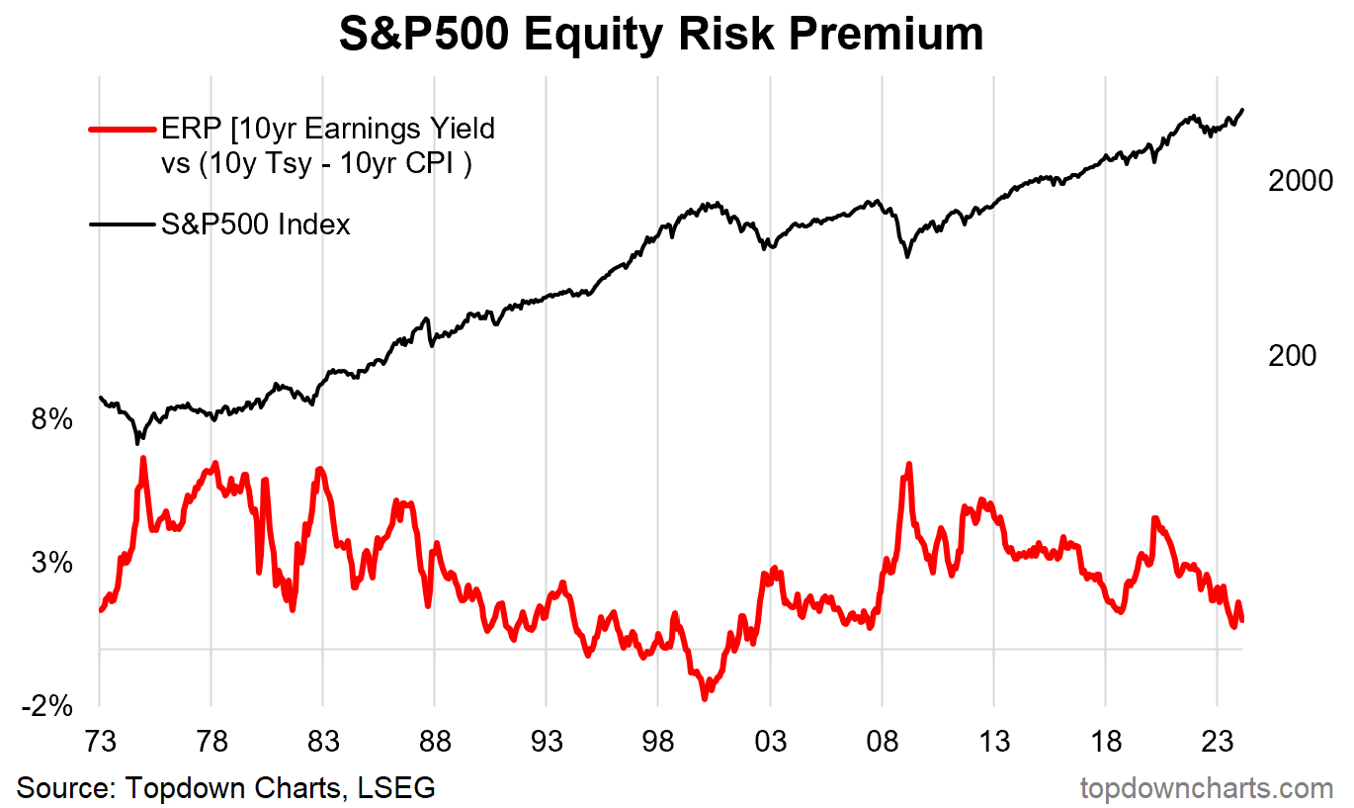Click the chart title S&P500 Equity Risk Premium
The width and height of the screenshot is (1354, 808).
tap(661, 35)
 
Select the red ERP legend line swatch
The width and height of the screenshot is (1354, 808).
tap(123, 129)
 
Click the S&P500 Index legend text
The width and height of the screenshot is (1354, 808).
tap(256, 224)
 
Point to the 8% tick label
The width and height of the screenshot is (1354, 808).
tap(52, 420)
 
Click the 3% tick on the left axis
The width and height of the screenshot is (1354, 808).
tap(52, 564)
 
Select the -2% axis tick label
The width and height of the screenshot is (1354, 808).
tap(46, 706)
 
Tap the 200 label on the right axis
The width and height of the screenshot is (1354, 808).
tap(1293, 356)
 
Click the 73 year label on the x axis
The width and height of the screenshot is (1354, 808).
tap(100, 743)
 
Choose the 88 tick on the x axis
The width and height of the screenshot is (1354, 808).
tap(435, 743)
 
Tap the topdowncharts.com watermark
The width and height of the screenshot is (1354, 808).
tap(1207, 788)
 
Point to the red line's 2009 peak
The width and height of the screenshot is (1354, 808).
tap(907, 465)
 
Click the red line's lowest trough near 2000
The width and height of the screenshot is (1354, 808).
tap(705, 697)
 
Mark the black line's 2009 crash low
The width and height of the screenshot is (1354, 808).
tap(907, 256)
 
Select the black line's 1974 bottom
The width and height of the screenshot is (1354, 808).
tap(138, 441)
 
